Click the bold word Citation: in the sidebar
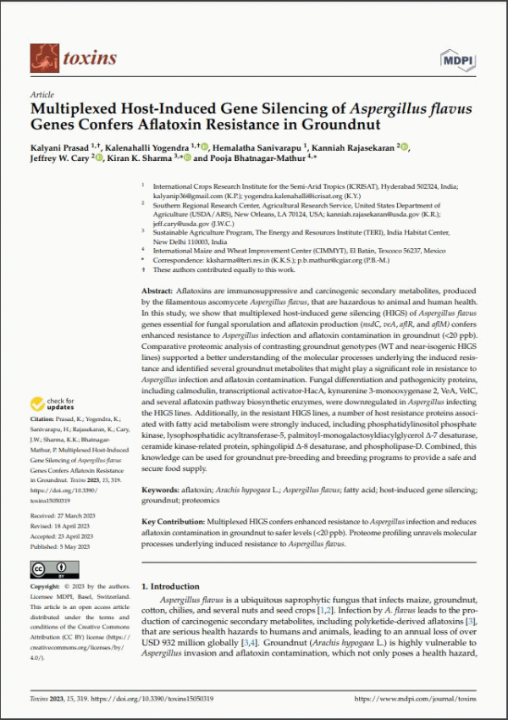(x=45, y=420)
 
